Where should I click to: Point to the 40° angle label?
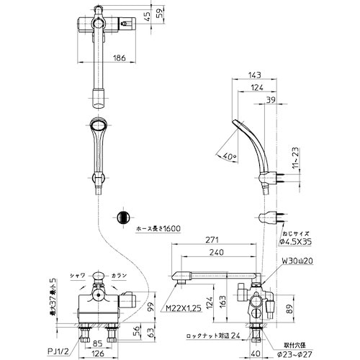(x=230, y=156)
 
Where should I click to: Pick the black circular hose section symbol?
(x=123, y=218)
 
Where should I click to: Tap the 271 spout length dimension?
(x=212, y=240)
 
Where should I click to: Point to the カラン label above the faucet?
(x=122, y=276)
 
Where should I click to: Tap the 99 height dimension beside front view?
(x=150, y=307)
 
